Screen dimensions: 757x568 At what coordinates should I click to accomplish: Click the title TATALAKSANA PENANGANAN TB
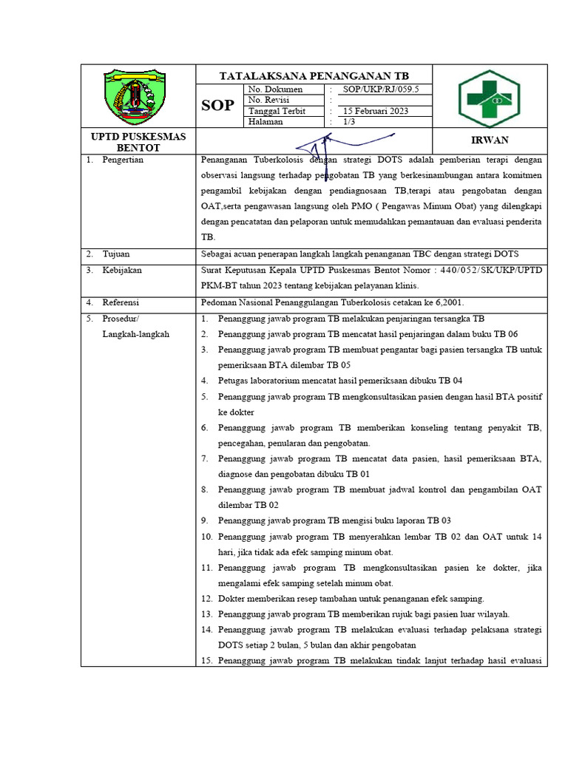tap(314, 76)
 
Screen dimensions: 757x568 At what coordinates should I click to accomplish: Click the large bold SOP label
tap(218, 106)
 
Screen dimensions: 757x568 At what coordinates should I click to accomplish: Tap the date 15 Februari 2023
tap(375, 111)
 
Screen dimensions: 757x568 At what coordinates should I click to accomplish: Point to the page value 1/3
tap(348, 122)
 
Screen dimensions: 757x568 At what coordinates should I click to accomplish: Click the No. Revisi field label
tap(269, 100)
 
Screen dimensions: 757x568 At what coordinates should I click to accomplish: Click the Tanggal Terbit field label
tap(277, 111)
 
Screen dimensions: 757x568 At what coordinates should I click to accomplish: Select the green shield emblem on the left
tap(138, 96)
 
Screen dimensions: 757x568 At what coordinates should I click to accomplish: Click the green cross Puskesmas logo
tap(489, 97)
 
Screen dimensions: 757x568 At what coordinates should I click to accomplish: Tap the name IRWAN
tap(489, 140)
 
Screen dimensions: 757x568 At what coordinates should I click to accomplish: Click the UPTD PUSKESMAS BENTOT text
tap(138, 141)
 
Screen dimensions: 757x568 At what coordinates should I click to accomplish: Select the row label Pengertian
tap(123, 160)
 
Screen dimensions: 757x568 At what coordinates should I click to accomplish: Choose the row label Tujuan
tap(116, 254)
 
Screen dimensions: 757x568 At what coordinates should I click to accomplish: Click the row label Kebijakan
tap(122, 271)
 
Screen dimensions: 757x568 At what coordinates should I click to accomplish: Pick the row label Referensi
tap(122, 302)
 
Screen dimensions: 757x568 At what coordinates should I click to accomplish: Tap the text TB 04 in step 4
tap(450, 381)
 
